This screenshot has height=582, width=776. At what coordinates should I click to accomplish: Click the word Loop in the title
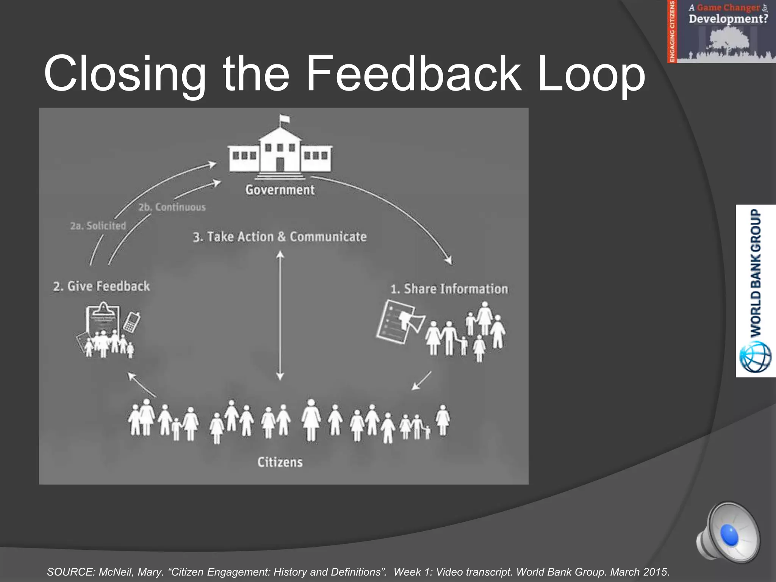coord(591,74)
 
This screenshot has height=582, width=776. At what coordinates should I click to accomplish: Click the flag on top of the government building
coord(284,119)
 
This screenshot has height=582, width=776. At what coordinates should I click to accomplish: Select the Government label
coord(280,190)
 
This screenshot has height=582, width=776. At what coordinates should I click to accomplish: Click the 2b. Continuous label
coord(172,207)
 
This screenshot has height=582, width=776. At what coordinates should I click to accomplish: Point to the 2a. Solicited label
coord(98,226)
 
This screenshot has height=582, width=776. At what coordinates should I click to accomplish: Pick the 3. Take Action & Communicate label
coord(280,237)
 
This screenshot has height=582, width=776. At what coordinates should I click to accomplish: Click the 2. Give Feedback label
coord(102,286)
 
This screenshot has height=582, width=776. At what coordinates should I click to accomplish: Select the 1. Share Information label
coord(449,289)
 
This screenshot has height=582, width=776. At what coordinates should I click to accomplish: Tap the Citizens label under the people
coord(280,462)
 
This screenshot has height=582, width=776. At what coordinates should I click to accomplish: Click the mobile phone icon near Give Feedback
coord(132,322)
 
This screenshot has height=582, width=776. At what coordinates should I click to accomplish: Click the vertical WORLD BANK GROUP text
coord(756,273)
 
